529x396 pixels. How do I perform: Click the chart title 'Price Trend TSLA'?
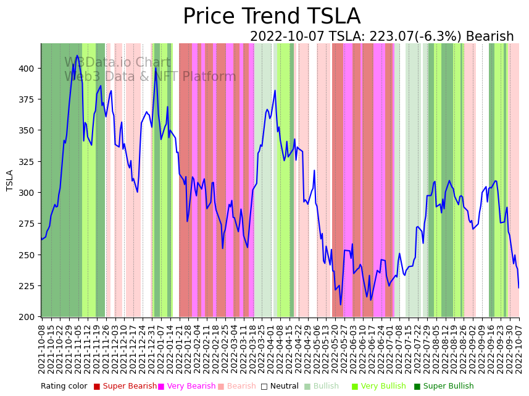click(x=272, y=17)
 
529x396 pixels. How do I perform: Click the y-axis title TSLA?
click(x=10, y=180)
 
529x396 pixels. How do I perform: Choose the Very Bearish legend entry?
click(x=186, y=387)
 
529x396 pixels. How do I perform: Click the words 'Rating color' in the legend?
click(x=64, y=387)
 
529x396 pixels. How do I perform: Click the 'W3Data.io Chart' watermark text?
click(x=117, y=63)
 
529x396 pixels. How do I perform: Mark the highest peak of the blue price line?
click(x=77, y=56)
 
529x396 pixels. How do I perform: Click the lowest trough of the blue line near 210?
click(x=341, y=304)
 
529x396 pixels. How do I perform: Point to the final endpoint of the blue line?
click(x=519, y=288)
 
